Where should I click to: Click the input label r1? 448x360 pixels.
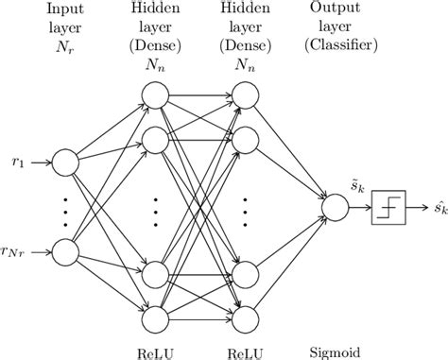pos(17,162)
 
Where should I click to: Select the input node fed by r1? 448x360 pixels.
pos(65,163)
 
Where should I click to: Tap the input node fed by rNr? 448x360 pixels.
pos(65,252)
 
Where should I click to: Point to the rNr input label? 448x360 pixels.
pos(17,252)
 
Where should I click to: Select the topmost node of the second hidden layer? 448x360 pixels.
pos(244,94)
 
